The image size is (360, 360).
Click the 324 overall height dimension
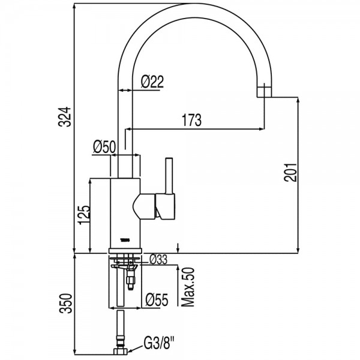64,116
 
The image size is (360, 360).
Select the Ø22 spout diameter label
152,82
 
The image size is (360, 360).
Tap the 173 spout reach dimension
191,119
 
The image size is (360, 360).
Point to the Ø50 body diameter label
104,147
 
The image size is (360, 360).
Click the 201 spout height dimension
290,173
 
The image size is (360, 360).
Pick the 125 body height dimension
84,215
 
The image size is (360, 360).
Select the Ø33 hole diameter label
158,259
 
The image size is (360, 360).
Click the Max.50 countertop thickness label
188,287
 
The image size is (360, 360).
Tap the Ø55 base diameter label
157,300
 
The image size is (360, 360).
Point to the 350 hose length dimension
66,303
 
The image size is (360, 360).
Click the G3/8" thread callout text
159,343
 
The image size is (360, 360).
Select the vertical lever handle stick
169,176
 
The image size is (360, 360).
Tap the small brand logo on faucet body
125,240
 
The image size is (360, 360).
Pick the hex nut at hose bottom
121,351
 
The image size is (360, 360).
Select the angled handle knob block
165,206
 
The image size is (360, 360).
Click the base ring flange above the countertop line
125,251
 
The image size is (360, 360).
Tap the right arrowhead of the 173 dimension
262,129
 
